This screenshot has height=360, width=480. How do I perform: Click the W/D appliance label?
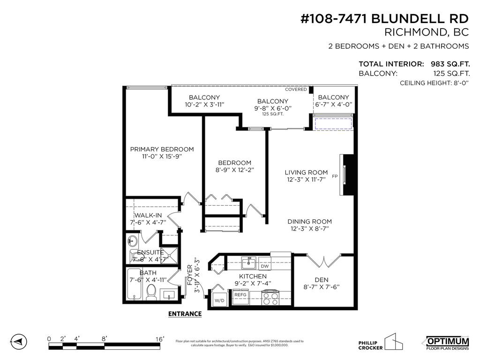point(219,300)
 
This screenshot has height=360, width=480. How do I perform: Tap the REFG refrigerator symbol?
point(240,295)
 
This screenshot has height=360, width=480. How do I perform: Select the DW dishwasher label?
point(264,266)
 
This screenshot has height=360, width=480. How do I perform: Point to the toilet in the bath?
point(151,294)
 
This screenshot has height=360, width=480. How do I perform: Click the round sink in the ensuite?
point(132,242)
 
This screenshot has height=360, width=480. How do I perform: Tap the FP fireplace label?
point(335,177)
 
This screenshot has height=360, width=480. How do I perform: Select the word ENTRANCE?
point(185,314)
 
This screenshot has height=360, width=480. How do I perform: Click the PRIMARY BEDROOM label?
point(162,149)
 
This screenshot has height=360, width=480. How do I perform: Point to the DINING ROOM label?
point(309,222)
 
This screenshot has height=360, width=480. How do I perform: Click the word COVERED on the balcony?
point(296,89)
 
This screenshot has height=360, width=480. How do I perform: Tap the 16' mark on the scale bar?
point(160,339)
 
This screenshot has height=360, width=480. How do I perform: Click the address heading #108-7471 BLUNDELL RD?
point(384,18)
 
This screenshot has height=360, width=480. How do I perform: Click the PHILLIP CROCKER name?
point(370,345)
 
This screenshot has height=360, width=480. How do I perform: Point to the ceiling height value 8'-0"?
point(458,83)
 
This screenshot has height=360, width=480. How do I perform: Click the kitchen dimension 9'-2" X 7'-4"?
point(253,283)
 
